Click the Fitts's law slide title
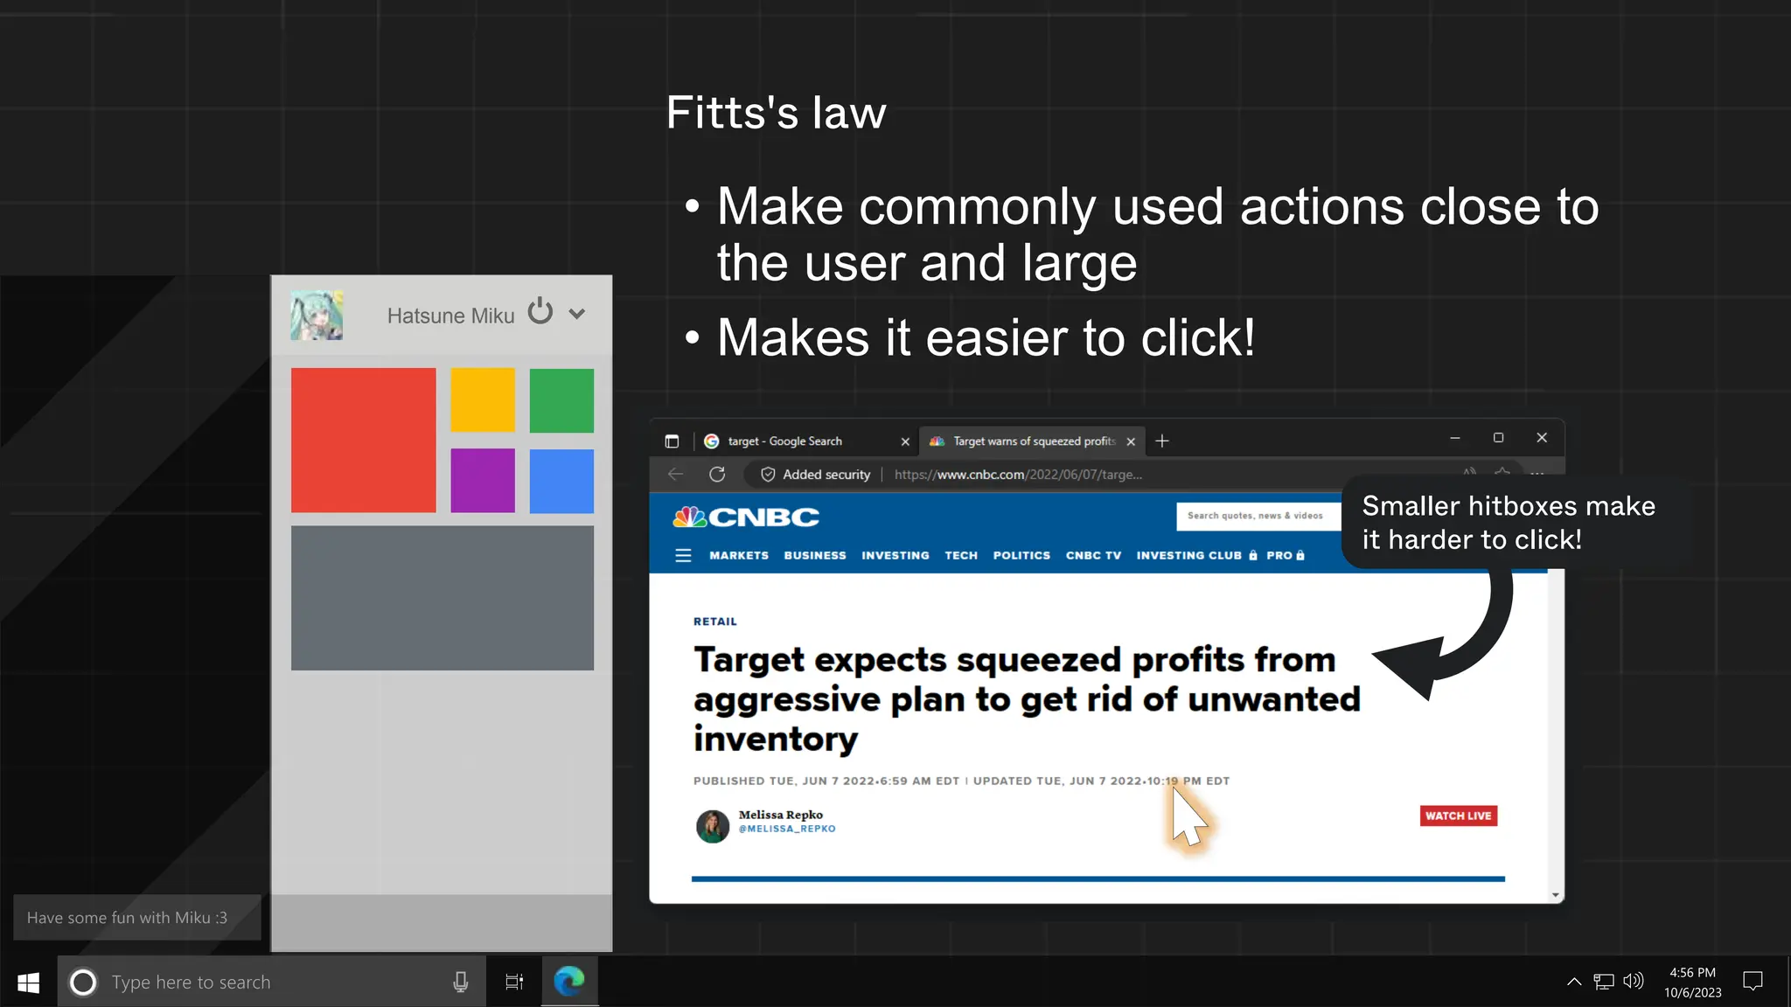coord(776,113)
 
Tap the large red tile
coord(363,440)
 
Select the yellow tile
coord(483,399)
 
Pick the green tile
coord(561,399)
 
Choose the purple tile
coord(483,480)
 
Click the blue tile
coord(561,481)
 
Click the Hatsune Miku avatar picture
coord(317,315)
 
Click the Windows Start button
coord(28,983)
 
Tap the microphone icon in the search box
coord(461,983)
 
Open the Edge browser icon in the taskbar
coord(569,982)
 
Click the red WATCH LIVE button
coord(1458,816)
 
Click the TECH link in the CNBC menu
coord(961,555)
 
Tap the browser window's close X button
coord(1542,437)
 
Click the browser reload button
coord(717,474)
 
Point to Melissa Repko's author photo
coord(713,825)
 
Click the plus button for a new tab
coord(1162,441)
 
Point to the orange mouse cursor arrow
coord(1188,818)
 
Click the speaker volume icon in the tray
coord(1633,982)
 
